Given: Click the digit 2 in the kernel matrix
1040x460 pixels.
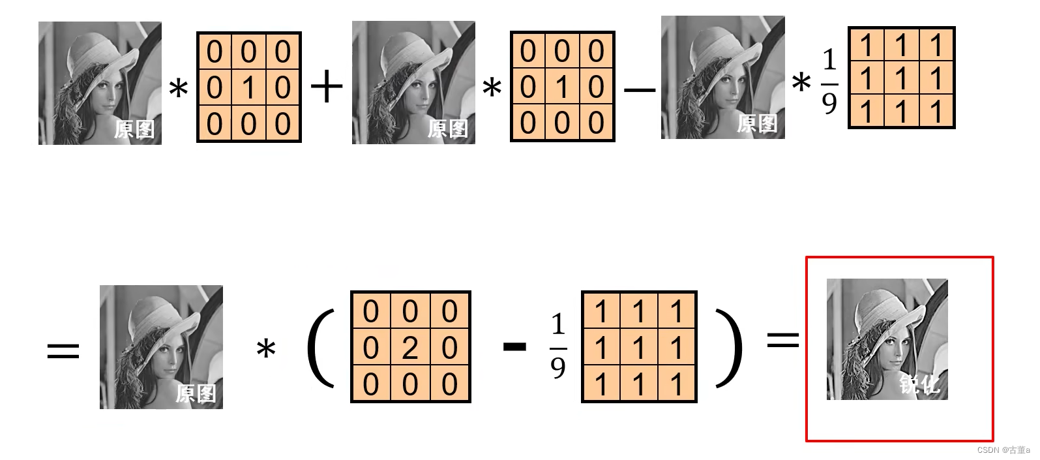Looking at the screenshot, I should (410, 348).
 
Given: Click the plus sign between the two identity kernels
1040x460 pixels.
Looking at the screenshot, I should (327, 87).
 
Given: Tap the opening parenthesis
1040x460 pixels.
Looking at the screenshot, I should (320, 348).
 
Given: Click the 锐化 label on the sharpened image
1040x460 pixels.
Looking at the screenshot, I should (919, 384).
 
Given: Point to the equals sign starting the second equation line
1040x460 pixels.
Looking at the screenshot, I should (63, 351).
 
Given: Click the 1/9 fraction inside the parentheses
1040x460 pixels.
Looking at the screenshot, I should (558, 346).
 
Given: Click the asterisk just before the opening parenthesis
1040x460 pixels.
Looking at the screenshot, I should (266, 350).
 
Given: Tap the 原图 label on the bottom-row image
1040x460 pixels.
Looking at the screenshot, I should (196, 393).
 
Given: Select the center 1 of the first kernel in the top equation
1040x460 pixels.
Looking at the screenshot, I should (248, 87).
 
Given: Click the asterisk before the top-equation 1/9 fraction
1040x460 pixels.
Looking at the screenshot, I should (801, 84).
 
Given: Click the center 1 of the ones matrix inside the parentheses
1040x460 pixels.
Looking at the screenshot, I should (639, 348).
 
